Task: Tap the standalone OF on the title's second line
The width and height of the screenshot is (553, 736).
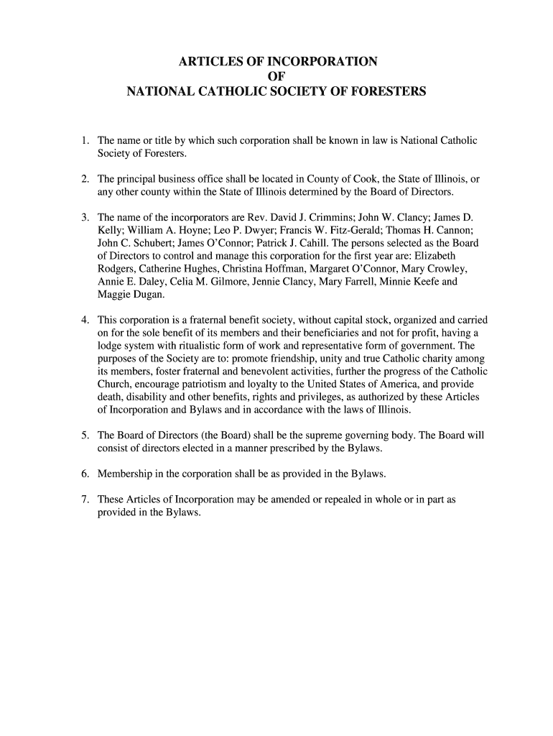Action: [276, 76]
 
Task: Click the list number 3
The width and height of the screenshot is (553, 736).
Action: [84, 217]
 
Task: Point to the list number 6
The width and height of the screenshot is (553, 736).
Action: [84, 474]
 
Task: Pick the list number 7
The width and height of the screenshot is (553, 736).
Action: [84, 500]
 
